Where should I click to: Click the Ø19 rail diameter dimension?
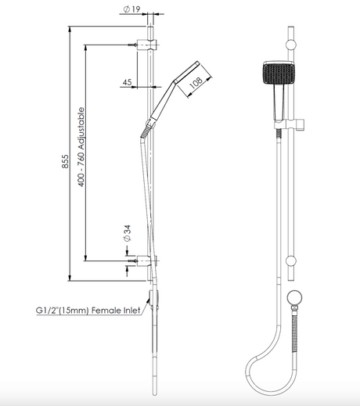tap(131, 9)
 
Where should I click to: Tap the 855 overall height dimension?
tap(65, 161)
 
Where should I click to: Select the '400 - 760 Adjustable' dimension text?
tap(81, 147)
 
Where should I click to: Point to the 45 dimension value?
tap(127, 82)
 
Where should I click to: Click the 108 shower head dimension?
tap(196, 83)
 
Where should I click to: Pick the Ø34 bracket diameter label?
tap(128, 233)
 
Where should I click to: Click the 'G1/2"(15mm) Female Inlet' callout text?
tap(88, 311)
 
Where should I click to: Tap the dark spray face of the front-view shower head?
tap(279, 74)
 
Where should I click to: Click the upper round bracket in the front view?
tap(291, 45)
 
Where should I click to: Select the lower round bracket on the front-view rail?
tap(291, 260)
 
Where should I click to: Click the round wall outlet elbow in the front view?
tap(294, 297)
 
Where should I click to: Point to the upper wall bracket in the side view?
tap(147, 45)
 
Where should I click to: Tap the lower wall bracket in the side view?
tap(147, 260)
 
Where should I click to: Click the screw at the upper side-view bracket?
tap(132, 45)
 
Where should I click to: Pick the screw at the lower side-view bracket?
tap(132, 260)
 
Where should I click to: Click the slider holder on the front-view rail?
tap(289, 124)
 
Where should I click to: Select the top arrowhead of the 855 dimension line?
tap(70, 29)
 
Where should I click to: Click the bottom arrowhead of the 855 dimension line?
tap(70, 278)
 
